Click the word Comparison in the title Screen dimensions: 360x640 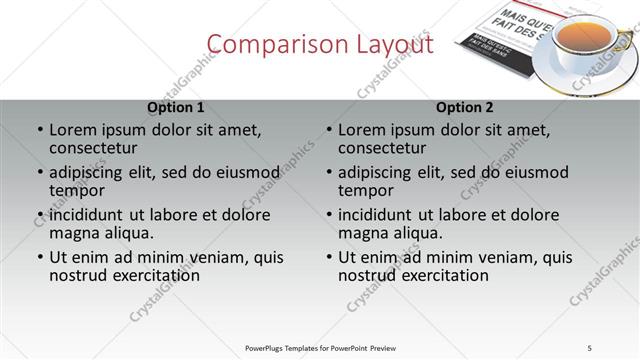(265, 45)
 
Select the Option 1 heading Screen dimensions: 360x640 (176, 107)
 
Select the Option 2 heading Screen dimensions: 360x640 (465, 107)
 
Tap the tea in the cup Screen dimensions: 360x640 (583, 39)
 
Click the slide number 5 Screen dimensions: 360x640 (590, 347)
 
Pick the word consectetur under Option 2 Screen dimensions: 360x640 (382, 149)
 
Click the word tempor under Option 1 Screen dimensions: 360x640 (77, 191)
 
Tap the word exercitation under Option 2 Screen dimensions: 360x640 (440, 276)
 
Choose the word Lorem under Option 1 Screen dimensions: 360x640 (73, 130)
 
